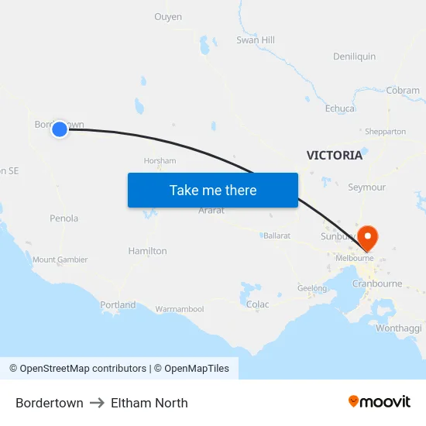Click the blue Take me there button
[x=213, y=191]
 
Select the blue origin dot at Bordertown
[x=60, y=129]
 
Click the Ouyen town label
[x=168, y=17]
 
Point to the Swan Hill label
[x=256, y=40]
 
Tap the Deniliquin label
[x=354, y=57]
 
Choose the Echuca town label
[x=340, y=108]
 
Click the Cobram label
[x=403, y=91]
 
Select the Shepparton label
[x=385, y=132]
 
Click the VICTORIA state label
[x=334, y=155]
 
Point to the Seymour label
[x=366, y=187]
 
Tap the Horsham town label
[x=160, y=161]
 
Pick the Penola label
[x=64, y=218]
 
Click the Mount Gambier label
[x=60, y=259]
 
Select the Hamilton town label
[x=147, y=251]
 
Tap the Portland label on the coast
[x=118, y=304]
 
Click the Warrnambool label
[x=179, y=309]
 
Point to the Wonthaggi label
[x=398, y=328]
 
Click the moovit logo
[x=380, y=402]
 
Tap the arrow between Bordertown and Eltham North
[x=97, y=403]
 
